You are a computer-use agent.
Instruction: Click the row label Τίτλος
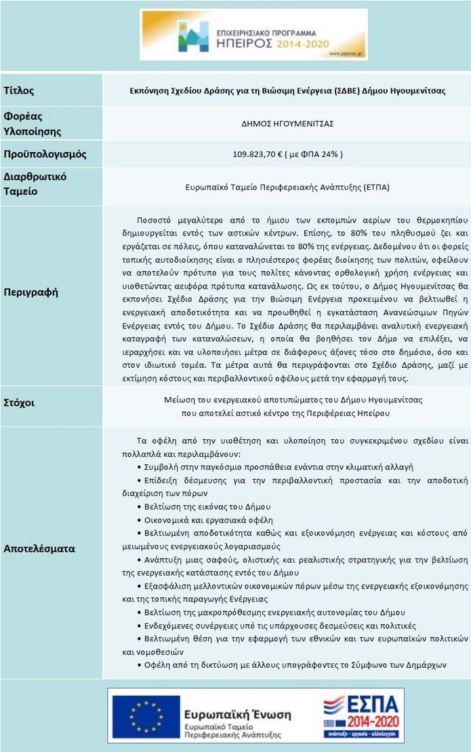[x=19, y=90]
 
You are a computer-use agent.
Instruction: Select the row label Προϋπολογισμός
[x=45, y=154]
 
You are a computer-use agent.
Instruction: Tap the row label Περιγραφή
[x=31, y=293]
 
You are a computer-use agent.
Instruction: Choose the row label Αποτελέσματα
[x=39, y=548]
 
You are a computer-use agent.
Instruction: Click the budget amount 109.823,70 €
[x=257, y=154]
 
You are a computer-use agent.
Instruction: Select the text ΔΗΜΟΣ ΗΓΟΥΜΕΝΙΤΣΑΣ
[x=287, y=124]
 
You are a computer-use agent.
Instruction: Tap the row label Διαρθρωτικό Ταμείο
[x=30, y=184]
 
